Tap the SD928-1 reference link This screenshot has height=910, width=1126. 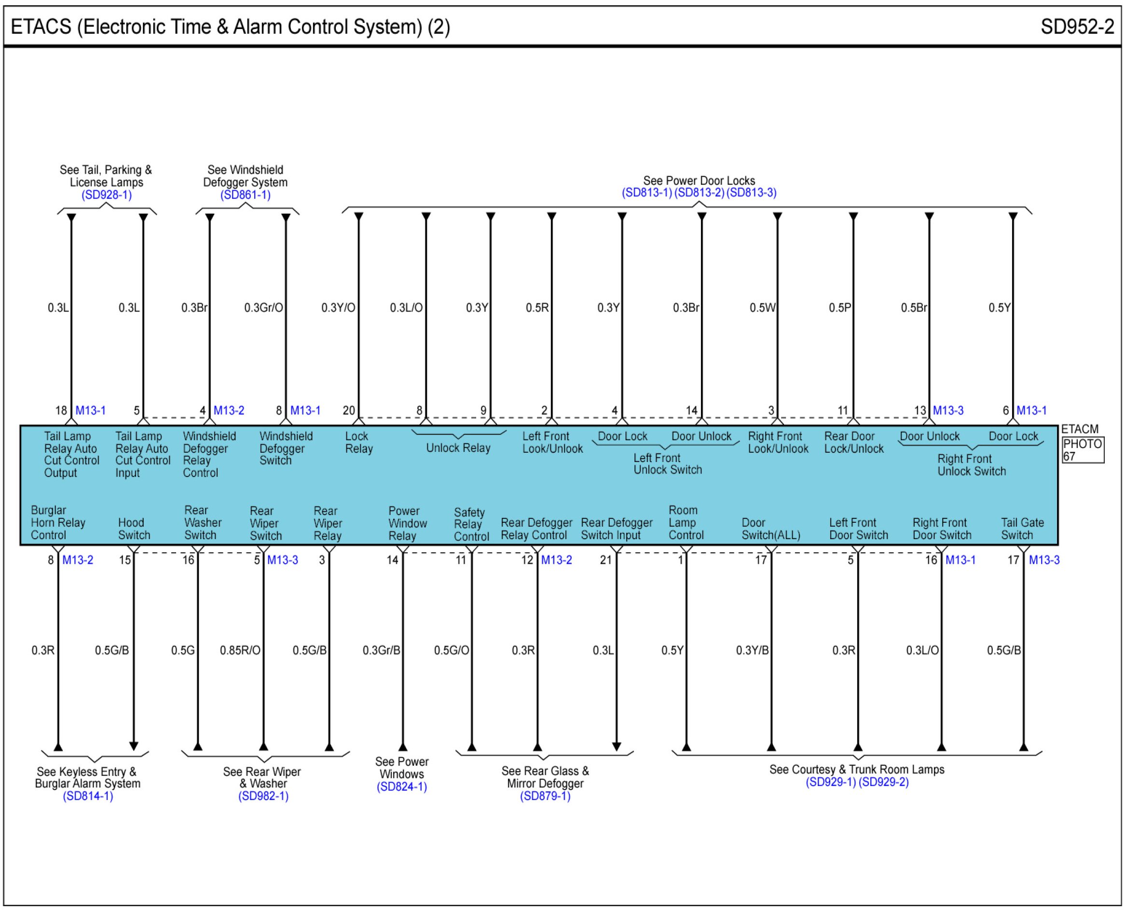click(107, 195)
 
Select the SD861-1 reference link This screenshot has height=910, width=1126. click(245, 195)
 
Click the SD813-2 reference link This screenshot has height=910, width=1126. click(699, 192)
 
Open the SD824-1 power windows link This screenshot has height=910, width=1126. click(402, 787)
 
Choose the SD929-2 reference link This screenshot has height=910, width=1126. click(884, 782)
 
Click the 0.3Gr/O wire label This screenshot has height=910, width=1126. click(263, 308)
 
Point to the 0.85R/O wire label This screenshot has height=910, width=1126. click(240, 651)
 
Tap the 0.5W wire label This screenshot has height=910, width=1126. click(762, 308)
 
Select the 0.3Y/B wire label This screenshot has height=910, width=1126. click(752, 651)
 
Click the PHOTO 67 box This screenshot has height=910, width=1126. click(1083, 450)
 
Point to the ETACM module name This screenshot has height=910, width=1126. click(1079, 429)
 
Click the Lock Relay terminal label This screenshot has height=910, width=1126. click(359, 442)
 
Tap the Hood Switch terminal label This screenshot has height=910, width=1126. click(134, 529)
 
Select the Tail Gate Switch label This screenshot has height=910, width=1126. click(1022, 529)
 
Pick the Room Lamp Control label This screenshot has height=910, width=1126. click(686, 523)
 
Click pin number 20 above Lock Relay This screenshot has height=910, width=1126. click(349, 410)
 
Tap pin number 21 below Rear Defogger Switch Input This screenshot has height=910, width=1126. click(605, 560)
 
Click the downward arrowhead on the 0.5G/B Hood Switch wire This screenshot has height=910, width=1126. click(134, 746)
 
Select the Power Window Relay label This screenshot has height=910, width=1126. click(407, 523)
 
